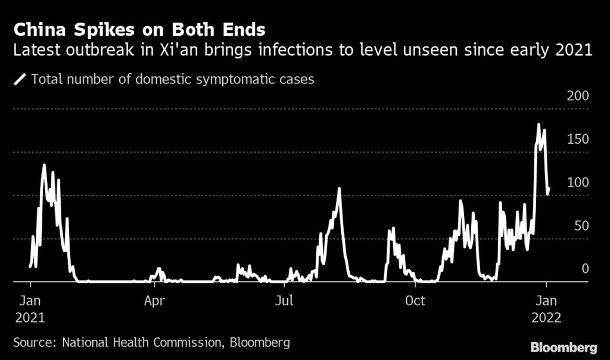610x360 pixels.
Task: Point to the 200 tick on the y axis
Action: pyautogui.click(x=577, y=96)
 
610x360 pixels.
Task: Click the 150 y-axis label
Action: pyautogui.click(x=577, y=139)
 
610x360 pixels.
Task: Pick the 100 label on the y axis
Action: pyautogui.click(x=577, y=182)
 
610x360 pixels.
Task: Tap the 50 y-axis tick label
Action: pyautogui.click(x=580, y=225)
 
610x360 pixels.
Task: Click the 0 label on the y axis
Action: pyautogui.click(x=585, y=269)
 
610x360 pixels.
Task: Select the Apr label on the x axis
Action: pyautogui.click(x=154, y=300)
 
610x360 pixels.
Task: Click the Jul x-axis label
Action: pyautogui.click(x=284, y=300)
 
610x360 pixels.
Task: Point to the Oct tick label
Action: pyautogui.click(x=415, y=300)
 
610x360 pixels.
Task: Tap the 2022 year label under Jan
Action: pyautogui.click(x=546, y=317)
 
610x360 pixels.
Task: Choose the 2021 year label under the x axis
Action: pyautogui.click(x=29, y=317)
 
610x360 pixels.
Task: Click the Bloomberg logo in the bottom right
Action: pyautogui.click(x=564, y=346)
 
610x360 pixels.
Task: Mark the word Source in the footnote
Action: pyautogui.click(x=32, y=343)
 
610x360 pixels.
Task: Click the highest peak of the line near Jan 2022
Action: pyautogui.click(x=539, y=125)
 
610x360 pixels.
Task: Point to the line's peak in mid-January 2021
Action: pyautogui.click(x=44, y=165)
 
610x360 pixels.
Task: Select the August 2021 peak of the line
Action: pyautogui.click(x=339, y=189)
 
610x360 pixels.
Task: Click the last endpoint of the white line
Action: pyautogui.click(x=549, y=189)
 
